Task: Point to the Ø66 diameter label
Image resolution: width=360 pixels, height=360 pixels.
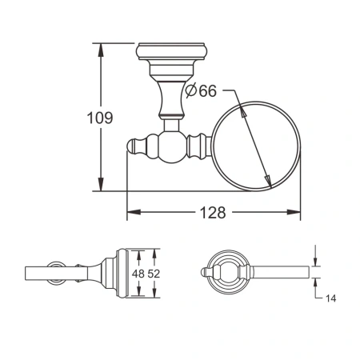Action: (201, 91)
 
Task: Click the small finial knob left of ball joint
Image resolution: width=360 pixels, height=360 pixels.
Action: (137, 147)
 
